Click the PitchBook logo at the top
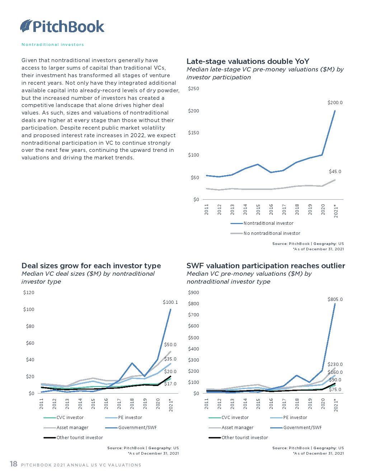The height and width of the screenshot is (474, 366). (x=62, y=26)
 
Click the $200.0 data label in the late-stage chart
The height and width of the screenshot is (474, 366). (x=335, y=103)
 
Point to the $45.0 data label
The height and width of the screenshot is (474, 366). (x=335, y=172)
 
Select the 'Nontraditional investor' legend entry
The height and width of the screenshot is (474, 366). (x=268, y=223)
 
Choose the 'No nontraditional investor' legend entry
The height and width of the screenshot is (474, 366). (x=272, y=233)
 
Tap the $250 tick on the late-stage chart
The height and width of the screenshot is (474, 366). (x=193, y=89)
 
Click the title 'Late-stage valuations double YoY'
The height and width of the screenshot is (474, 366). (x=248, y=61)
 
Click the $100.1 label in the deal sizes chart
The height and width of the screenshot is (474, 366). (x=170, y=302)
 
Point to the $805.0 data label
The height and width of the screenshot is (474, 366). (x=335, y=299)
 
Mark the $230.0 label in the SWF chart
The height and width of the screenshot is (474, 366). (x=335, y=364)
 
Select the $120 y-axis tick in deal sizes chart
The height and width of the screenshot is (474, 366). (x=29, y=293)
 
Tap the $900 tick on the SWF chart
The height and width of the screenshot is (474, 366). (x=193, y=293)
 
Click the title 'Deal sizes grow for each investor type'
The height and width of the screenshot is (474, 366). (x=91, y=266)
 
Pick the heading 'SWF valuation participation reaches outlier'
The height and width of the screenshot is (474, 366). (x=266, y=266)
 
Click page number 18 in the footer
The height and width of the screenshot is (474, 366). (x=14, y=464)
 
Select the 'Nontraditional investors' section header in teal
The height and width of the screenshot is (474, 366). (x=53, y=45)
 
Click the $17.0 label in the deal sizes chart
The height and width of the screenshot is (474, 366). (x=170, y=384)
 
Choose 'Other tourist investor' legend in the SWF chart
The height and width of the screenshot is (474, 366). (x=244, y=438)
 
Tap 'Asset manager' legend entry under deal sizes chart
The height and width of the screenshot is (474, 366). (x=72, y=428)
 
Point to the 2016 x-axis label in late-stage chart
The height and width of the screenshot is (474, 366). (x=271, y=209)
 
